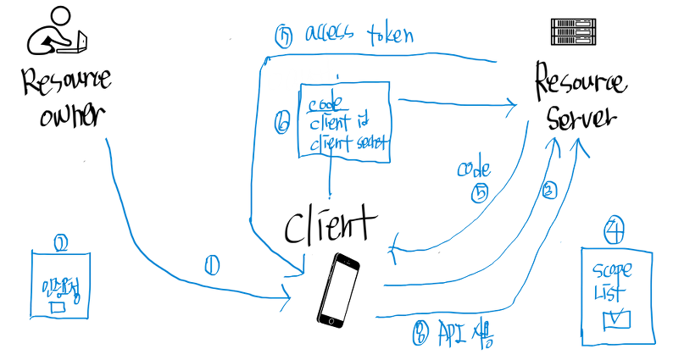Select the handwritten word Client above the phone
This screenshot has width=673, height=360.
coord(328,225)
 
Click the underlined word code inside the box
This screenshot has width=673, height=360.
coord(325,105)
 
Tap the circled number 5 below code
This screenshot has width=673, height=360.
coord(478,193)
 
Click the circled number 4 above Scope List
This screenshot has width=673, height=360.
coord(615,228)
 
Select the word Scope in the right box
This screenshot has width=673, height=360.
coord(612,273)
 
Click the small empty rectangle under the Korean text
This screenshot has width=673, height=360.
coord(58,307)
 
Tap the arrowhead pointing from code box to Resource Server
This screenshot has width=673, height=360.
coord(510,105)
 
